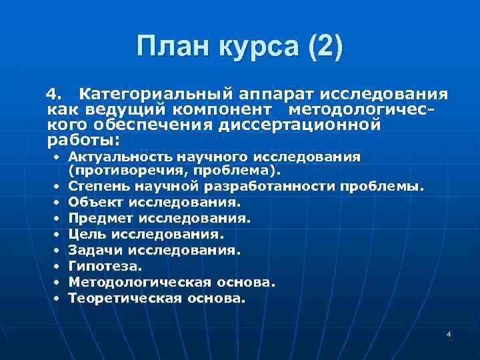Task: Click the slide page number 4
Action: pyautogui.click(x=449, y=333)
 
